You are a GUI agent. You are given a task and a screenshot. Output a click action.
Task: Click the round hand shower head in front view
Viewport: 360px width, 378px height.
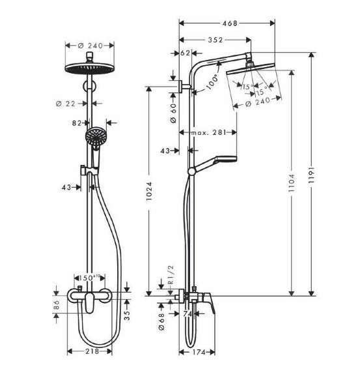(95, 137)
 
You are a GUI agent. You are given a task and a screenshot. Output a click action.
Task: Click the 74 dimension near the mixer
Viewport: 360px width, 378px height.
(187, 313)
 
